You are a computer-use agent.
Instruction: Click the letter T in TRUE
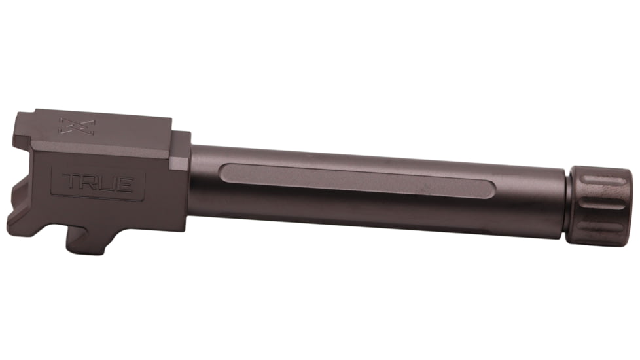click(x=69, y=183)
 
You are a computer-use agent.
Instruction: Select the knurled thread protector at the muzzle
click(x=599, y=206)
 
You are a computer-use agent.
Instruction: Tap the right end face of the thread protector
click(x=630, y=208)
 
